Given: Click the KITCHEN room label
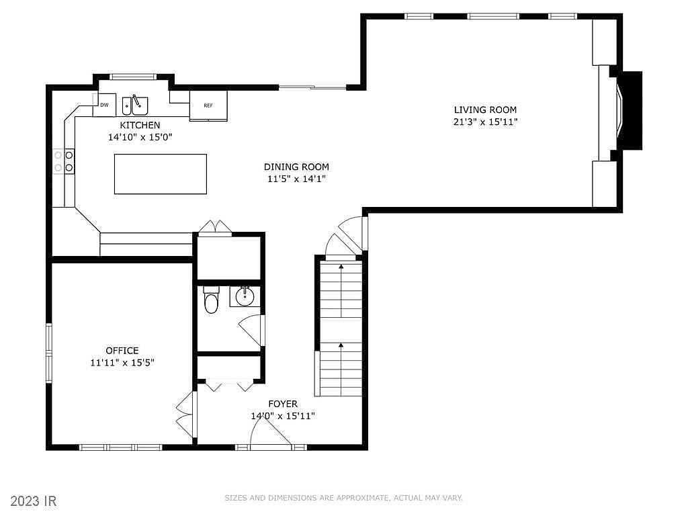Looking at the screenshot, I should [140, 125].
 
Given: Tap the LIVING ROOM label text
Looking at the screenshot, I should [485, 110].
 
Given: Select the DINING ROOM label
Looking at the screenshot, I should [296, 167].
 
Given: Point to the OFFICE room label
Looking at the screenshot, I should [122, 350].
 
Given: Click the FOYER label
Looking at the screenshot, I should [283, 404].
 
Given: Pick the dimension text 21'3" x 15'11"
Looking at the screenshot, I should [485, 122].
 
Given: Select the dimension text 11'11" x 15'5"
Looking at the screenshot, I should [122, 362].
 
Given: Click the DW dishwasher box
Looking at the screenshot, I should [104, 105].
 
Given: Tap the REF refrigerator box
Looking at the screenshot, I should [208, 105].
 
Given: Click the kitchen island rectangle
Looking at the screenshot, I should [161, 174].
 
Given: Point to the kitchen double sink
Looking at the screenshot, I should [135, 105].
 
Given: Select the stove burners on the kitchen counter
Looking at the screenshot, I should [64, 161].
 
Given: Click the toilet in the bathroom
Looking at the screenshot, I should [211, 300].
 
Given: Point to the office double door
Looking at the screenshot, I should [184, 414].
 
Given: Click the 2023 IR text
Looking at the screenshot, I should [30, 501].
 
